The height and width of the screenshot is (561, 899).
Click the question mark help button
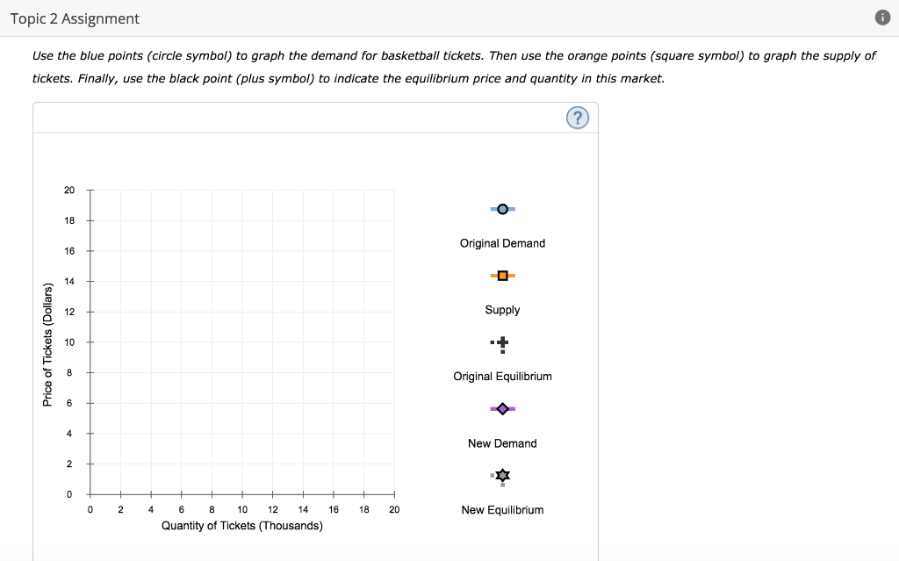pyautogui.click(x=577, y=118)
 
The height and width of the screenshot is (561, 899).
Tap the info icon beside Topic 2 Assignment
pyautogui.click(x=882, y=18)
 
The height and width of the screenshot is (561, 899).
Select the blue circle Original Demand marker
pyautogui.click(x=502, y=209)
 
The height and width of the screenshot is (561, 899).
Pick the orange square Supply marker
pyautogui.click(x=502, y=276)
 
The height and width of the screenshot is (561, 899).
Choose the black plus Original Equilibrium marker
pyautogui.click(x=502, y=342)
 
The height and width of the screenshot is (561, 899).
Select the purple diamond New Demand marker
pyautogui.click(x=502, y=409)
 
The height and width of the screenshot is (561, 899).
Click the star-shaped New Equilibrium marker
pyautogui.click(x=502, y=476)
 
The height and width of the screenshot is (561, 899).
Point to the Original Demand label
pyautogui.click(x=502, y=243)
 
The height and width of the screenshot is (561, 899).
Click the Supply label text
pyautogui.click(x=502, y=310)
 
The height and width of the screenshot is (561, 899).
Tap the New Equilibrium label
pyautogui.click(x=502, y=510)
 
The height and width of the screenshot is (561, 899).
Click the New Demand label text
pyautogui.click(x=502, y=443)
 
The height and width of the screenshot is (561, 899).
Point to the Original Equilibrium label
pyautogui.click(x=502, y=377)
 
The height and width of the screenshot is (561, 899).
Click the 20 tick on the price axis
pyautogui.click(x=69, y=191)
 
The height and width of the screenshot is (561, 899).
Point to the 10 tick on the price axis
pyautogui.click(x=69, y=342)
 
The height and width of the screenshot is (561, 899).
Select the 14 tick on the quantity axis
pyautogui.click(x=303, y=509)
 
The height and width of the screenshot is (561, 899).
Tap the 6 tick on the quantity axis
pyautogui.click(x=182, y=509)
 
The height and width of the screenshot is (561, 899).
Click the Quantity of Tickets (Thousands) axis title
pyautogui.click(x=242, y=526)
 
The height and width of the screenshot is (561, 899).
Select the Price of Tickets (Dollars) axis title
pyautogui.click(x=48, y=342)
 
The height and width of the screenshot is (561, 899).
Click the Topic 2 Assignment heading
pyautogui.click(x=75, y=18)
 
